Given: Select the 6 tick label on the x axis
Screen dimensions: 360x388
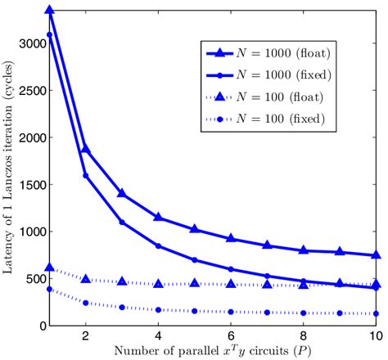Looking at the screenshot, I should [x=232, y=336].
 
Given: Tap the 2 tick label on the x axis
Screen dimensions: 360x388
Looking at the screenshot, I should [x=85, y=336].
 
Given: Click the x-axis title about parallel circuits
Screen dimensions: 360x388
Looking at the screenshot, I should [x=212, y=352].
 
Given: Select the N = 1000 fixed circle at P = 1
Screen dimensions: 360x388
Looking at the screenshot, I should [x=49, y=34].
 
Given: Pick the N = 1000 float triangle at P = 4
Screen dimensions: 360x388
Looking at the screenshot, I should [x=159, y=218].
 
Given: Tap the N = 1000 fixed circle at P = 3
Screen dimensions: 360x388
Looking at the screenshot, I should [x=122, y=223].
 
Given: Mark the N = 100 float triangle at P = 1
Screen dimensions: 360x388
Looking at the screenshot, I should [x=49, y=268].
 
